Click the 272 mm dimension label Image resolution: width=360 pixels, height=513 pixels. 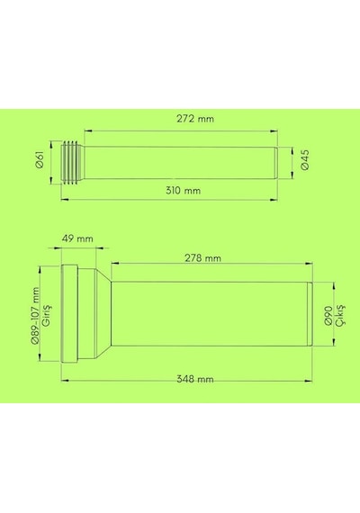(195, 119)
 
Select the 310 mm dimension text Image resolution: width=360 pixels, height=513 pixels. (183, 191)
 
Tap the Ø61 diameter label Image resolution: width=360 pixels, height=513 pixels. (40, 159)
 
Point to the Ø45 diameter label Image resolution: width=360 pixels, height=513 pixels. (305, 159)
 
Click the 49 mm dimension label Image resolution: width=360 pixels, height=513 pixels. (77, 238)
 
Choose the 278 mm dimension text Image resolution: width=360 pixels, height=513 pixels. (202, 258)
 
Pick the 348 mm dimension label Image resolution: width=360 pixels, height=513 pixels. (195, 379)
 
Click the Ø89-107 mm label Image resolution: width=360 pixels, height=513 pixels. (35, 315)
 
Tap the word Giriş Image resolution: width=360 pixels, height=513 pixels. (47, 315)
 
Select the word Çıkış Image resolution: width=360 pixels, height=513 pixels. (340, 315)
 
